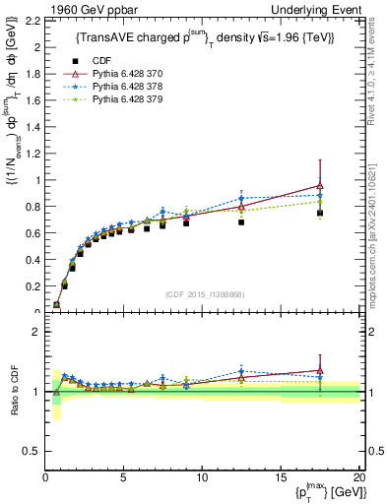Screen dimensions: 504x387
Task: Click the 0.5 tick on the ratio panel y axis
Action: click(32, 451)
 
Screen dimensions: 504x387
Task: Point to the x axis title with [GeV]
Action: click(324, 491)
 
